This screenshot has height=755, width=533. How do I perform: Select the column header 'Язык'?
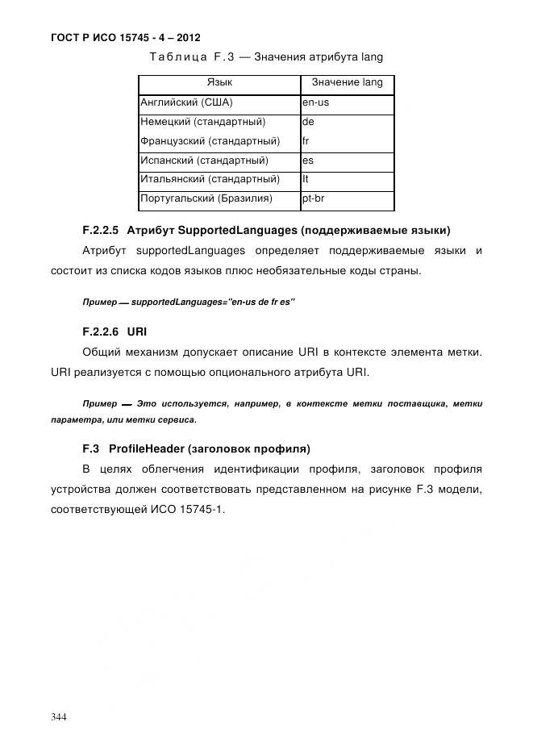tap(219, 83)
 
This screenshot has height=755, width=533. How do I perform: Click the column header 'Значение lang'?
tap(347, 83)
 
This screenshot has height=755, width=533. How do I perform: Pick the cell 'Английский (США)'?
tap(186, 103)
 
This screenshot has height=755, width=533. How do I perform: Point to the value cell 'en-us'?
tap(315, 103)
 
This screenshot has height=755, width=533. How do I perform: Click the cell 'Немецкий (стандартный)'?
tap(202, 123)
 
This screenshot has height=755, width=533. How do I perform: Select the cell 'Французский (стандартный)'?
tap(210, 141)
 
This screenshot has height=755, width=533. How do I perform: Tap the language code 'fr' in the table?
tap(306, 141)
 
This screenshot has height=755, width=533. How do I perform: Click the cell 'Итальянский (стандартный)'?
tap(210, 179)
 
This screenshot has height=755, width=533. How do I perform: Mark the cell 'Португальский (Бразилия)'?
tap(206, 198)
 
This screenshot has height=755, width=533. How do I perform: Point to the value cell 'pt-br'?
tap(314, 198)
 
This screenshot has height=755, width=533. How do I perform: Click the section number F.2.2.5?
tap(101, 228)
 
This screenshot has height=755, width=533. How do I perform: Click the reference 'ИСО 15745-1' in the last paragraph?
tap(192, 509)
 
